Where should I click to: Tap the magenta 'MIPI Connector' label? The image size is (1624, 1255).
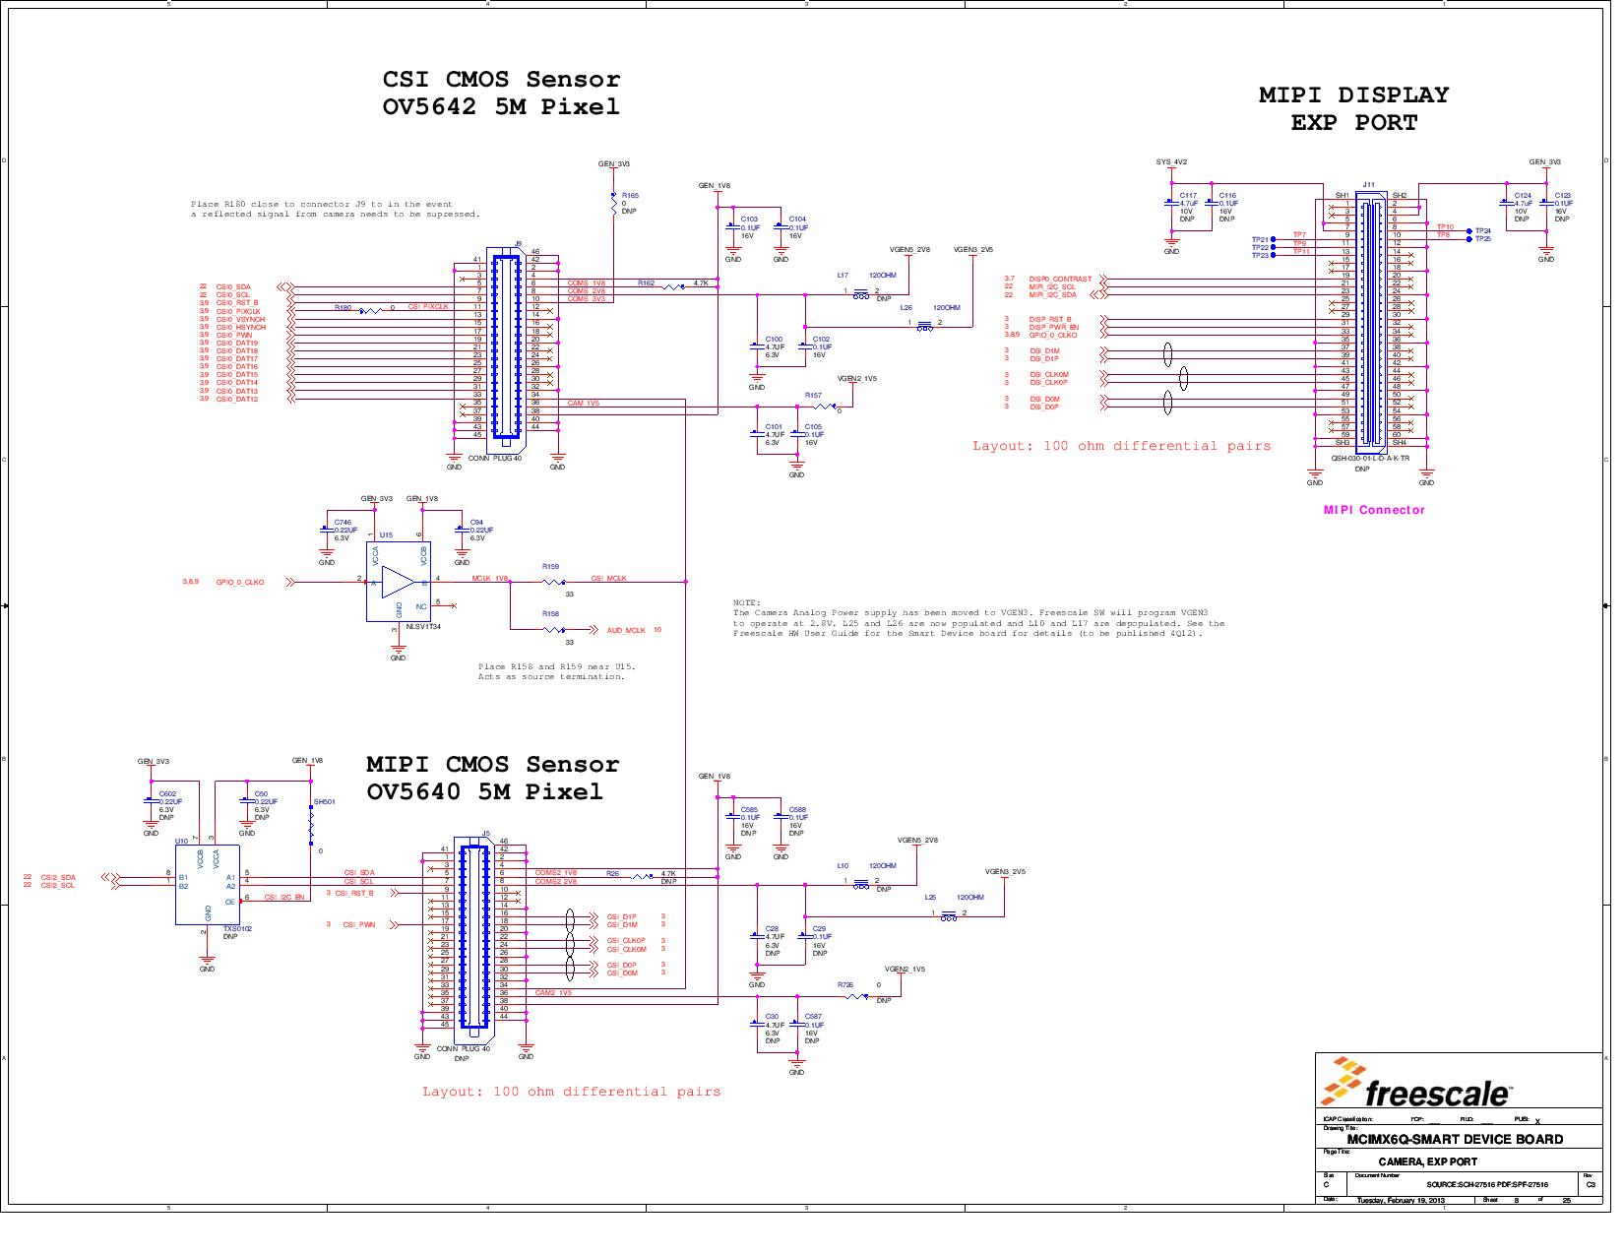[x=1373, y=510]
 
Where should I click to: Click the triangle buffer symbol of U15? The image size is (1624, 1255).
[x=397, y=582]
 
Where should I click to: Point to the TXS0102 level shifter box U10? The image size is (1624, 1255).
[x=207, y=884]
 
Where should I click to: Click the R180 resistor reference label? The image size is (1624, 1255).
[x=343, y=307]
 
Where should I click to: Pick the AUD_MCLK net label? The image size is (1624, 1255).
[x=626, y=630]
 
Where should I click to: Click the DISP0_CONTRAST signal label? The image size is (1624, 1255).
[x=1060, y=280]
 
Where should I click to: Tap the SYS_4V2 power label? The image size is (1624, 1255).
[x=1171, y=162]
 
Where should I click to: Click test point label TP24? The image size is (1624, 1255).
[x=1482, y=230]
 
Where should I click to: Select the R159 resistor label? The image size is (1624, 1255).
[x=551, y=567]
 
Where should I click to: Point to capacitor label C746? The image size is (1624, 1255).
[x=343, y=523]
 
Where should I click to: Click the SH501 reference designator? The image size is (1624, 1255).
[x=325, y=802]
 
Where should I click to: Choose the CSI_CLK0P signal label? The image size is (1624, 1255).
[x=626, y=941]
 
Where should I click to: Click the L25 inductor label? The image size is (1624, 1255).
[x=930, y=898]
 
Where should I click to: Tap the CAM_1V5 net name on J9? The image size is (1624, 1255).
[x=583, y=403]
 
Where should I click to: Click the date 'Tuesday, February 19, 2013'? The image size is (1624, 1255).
[x=1401, y=1201]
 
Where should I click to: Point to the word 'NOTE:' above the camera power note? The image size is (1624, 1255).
[x=746, y=602]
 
